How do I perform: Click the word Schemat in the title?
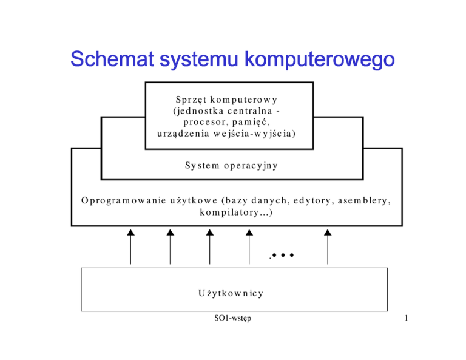(112, 58)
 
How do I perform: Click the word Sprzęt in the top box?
(192, 100)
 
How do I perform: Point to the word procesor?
(204, 122)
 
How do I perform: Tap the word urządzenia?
(183, 134)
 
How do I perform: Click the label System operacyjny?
(231, 165)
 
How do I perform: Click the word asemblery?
(364, 201)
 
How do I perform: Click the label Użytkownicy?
(231, 293)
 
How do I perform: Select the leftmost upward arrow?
(131, 246)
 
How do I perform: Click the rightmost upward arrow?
(328, 246)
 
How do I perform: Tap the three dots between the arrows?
(283, 255)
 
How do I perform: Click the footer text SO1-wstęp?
(233, 318)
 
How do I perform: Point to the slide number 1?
(407, 318)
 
